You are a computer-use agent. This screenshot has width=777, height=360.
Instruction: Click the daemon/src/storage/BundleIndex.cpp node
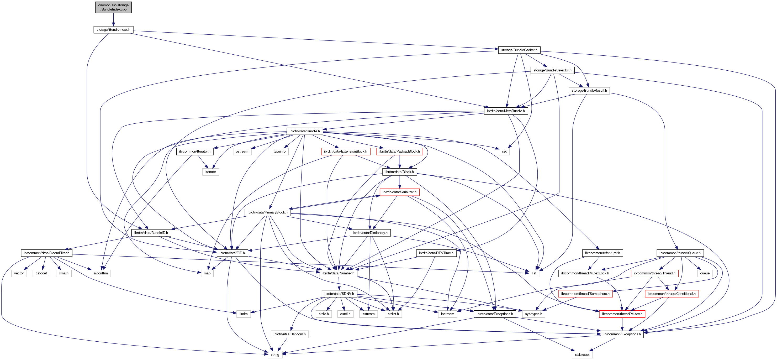tap(113, 7)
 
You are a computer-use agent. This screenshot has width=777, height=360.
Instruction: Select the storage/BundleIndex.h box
tap(113, 30)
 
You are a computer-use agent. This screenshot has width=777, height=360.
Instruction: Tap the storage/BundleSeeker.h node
tap(519, 50)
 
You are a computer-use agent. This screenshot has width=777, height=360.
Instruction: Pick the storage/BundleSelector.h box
tap(552, 70)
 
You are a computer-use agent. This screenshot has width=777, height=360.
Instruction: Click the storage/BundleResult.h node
tap(589, 91)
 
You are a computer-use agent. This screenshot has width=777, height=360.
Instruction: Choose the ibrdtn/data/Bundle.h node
tap(304, 131)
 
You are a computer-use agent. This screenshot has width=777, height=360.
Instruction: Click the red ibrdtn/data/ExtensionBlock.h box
tap(345, 152)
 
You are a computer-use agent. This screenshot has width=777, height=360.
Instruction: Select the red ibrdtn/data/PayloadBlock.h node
tap(399, 152)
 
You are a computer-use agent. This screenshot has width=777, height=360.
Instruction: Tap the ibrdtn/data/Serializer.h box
tap(399, 192)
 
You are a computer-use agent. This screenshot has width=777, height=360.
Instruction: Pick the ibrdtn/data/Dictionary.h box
tap(370, 233)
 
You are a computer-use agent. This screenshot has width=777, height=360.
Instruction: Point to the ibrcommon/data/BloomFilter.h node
tap(46, 253)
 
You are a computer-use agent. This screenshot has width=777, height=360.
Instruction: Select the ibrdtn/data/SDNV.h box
tap(339, 294)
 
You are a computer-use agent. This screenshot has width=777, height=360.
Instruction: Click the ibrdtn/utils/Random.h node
tap(289, 334)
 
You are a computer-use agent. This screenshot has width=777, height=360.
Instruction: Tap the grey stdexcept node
tap(582, 355)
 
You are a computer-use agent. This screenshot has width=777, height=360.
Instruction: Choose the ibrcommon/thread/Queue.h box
tap(680, 253)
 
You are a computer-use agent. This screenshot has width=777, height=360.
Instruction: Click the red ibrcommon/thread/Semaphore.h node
tap(585, 294)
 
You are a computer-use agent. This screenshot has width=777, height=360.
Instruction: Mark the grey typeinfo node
tap(279, 152)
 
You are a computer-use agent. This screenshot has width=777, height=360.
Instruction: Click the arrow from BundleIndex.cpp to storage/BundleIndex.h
tap(113, 20)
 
